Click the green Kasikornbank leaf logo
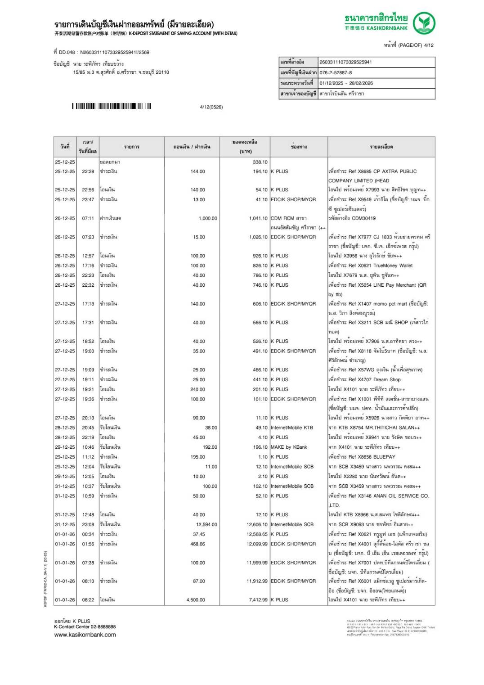click(x=424, y=23)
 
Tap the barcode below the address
click(x=111, y=106)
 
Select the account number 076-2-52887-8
click(x=336, y=72)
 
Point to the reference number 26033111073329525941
click(x=345, y=62)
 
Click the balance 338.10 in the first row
click(x=260, y=162)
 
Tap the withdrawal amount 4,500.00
click(x=196, y=599)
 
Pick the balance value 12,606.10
click(x=257, y=524)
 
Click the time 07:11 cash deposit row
click(x=88, y=218)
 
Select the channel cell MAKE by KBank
click(x=289, y=447)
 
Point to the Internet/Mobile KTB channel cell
click(x=291, y=428)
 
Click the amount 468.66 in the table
click(x=197, y=544)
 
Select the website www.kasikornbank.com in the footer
click(x=85, y=635)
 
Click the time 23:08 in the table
click(x=88, y=524)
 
